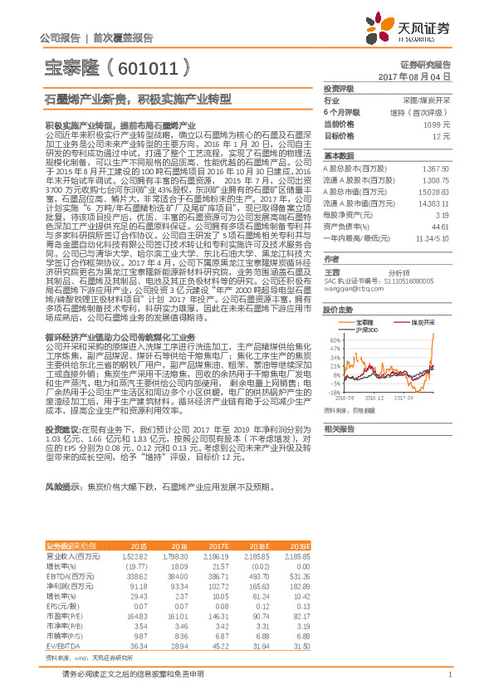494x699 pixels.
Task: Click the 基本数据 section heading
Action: (338, 156)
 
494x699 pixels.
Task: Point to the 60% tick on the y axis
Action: (334, 340)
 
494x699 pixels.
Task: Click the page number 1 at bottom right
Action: (449, 675)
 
